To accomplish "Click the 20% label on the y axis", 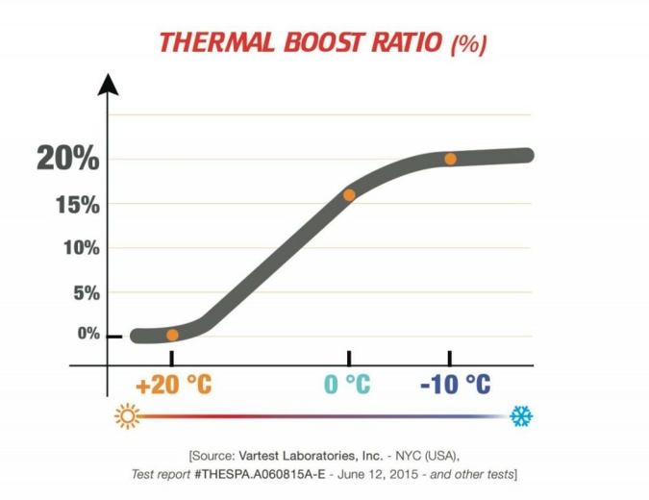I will [67, 159].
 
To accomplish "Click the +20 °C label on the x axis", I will [173, 385].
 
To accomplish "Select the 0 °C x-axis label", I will [347, 385].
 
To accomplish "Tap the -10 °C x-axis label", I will [455, 385].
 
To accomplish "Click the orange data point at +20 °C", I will [172, 335].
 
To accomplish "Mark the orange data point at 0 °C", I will [349, 195].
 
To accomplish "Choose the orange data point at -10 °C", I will [450, 159].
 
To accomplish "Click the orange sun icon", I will [127, 416].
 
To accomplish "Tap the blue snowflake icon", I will [521, 416].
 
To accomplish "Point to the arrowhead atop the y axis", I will [108, 85].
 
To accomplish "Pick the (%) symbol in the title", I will [469, 45].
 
